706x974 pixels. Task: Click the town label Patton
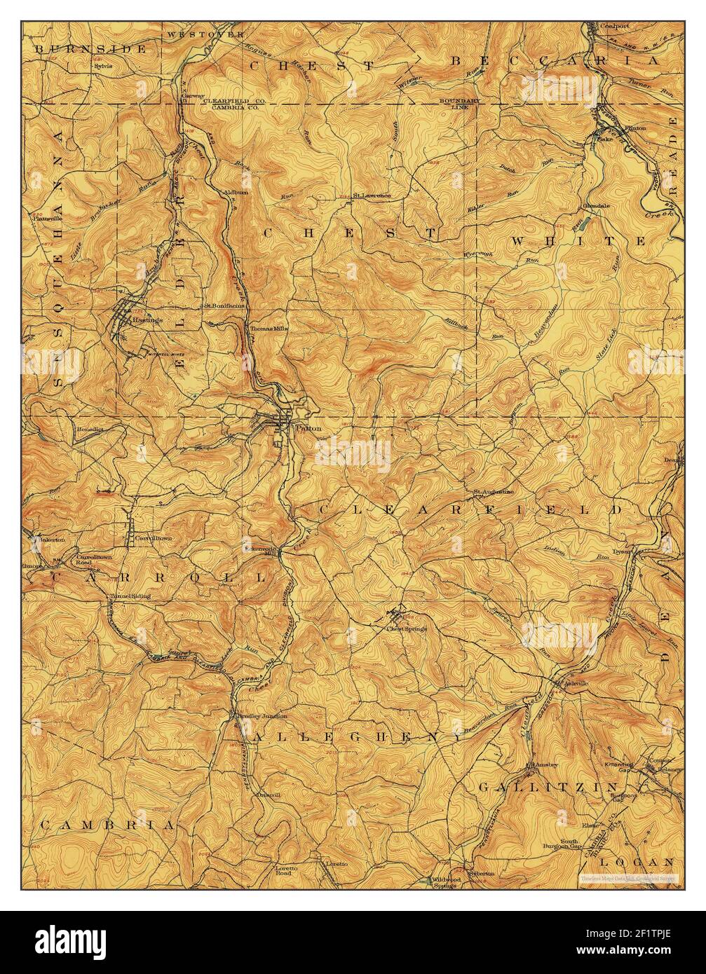click(308, 427)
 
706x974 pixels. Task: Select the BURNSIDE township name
click(91, 49)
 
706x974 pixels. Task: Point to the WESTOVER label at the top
click(205, 34)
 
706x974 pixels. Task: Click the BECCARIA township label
click(555, 62)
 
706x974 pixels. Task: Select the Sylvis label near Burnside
click(104, 66)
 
